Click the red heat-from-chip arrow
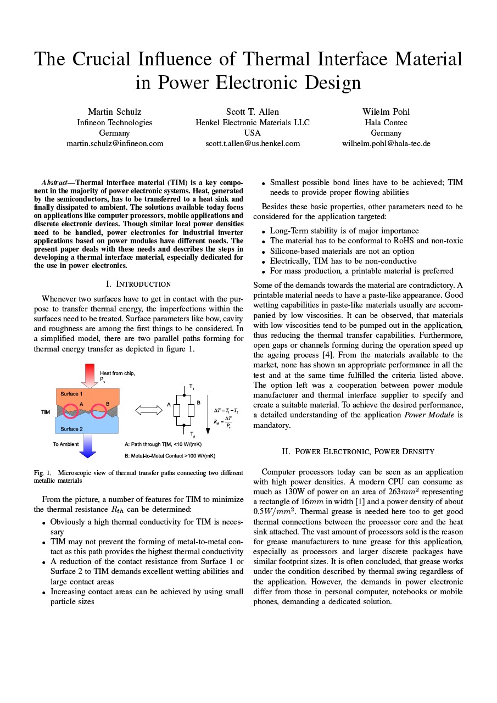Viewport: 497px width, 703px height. coord(89,376)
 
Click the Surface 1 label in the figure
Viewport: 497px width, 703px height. coord(72,394)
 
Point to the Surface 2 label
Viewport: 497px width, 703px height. coord(72,429)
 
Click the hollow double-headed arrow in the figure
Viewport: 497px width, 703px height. coord(146,410)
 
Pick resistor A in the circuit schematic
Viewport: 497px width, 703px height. coord(177,410)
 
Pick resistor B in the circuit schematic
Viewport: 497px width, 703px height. coord(191,410)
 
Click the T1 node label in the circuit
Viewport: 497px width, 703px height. coord(192,387)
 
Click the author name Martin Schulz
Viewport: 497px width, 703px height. coord(114,111)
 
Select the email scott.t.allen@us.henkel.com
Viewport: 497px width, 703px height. coord(253,143)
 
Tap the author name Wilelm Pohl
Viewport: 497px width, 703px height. coord(386,111)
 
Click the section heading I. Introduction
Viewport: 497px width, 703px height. coord(138,284)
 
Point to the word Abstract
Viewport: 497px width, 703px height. coord(54,182)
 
